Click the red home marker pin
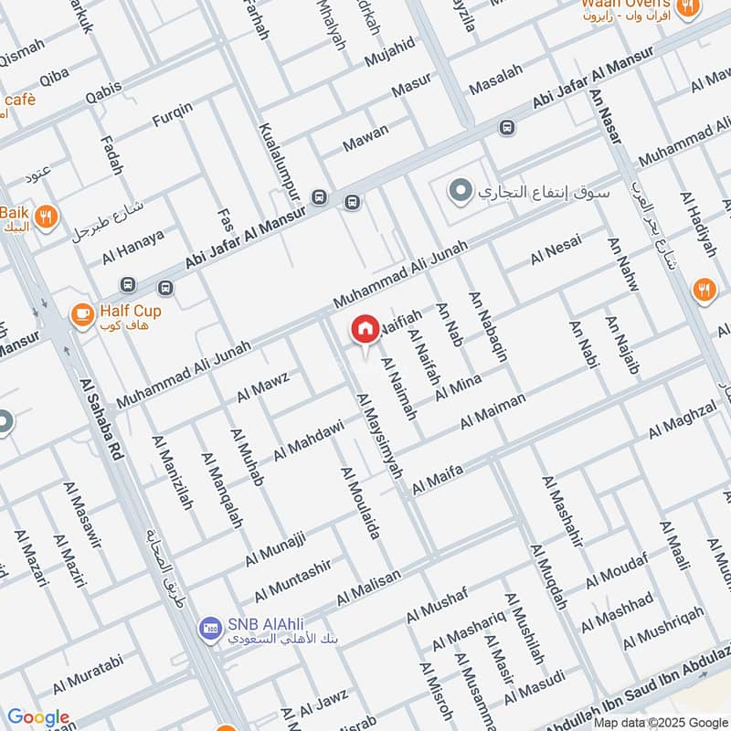pos(365,331)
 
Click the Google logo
pos(37,718)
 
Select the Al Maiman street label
pos(493,411)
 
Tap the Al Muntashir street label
pos(292,579)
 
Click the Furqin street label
pos(173,118)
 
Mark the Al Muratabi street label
pos(88,673)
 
